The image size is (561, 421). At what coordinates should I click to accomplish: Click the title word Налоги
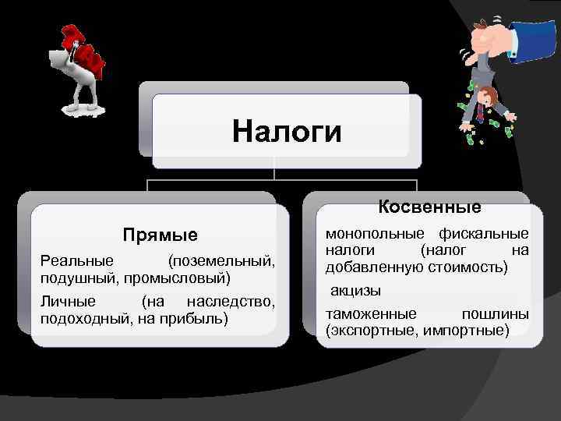click(x=287, y=131)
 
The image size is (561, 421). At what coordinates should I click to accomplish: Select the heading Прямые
click(x=161, y=235)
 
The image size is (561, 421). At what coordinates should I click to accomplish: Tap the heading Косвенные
click(x=429, y=207)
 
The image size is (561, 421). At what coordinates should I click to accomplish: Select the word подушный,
click(x=74, y=278)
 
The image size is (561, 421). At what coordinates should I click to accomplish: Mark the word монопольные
click(x=375, y=233)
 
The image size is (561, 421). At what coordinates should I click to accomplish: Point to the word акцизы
click(x=355, y=290)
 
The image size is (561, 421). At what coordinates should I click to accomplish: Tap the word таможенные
click(x=371, y=313)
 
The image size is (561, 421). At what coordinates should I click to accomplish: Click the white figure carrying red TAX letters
click(x=76, y=70)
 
